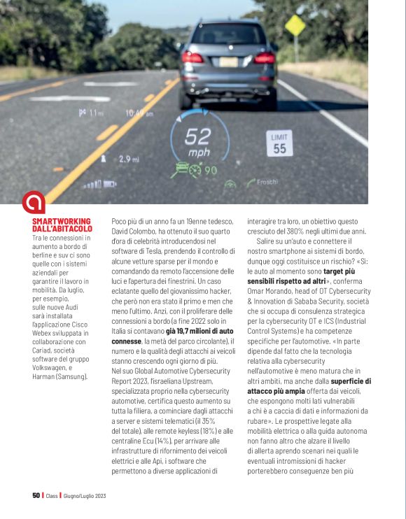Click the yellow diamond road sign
pos(295,25)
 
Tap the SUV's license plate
pos(228,62)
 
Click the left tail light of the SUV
pos(191,57)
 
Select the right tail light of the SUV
pos(264,57)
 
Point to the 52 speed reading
pos(197,136)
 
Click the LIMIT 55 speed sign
pos(279,144)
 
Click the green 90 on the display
pos(210,170)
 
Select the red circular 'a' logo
pos(33,202)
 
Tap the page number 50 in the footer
pos(36,495)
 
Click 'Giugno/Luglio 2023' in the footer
pos(84,495)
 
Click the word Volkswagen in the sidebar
pos(55,367)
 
